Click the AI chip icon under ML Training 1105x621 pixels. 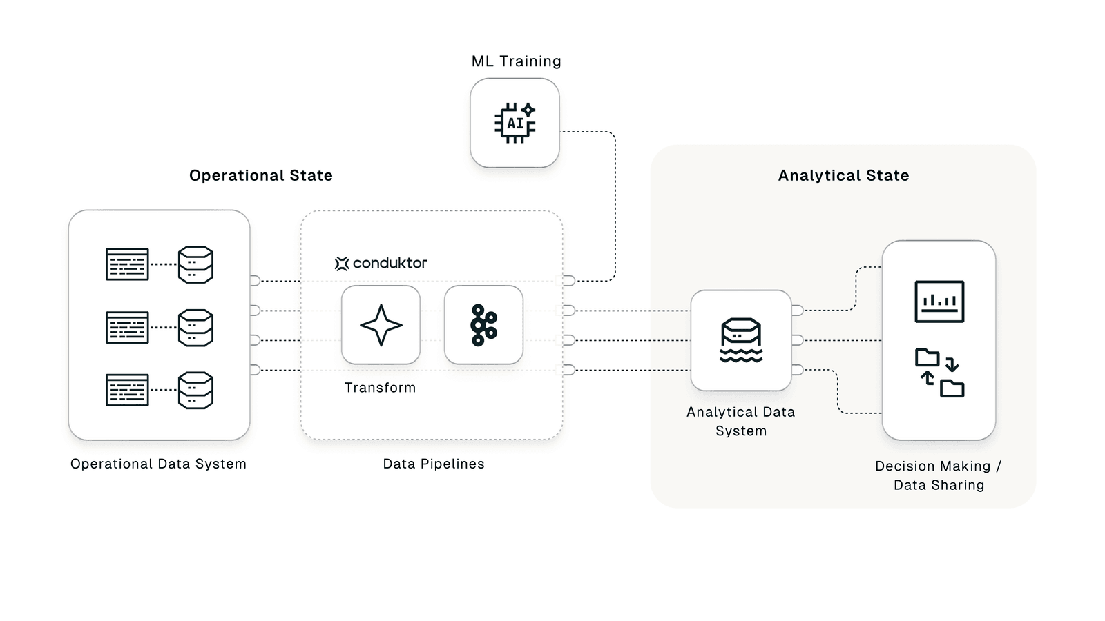[x=515, y=123]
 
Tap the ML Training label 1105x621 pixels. [x=516, y=61]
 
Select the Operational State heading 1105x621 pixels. [x=261, y=175]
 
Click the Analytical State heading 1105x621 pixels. [x=843, y=175]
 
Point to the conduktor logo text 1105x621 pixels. [x=389, y=263]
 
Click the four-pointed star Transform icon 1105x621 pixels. [x=381, y=325]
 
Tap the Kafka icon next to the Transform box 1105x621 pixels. [x=483, y=325]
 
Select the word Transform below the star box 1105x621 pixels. [x=380, y=388]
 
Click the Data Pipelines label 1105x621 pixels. [x=434, y=464]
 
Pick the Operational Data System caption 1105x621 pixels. [x=158, y=464]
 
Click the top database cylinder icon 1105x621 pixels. [x=195, y=264]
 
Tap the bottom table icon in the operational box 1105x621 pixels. [x=127, y=390]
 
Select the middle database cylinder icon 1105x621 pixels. [x=195, y=328]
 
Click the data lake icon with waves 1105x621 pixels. [x=741, y=340]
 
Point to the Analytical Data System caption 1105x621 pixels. [x=741, y=421]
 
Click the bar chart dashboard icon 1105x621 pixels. [x=939, y=301]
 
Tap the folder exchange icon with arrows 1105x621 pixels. [x=939, y=373]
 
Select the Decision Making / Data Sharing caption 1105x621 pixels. [x=939, y=475]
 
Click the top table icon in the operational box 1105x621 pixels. [x=127, y=264]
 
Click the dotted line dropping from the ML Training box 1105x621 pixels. [x=615, y=207]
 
